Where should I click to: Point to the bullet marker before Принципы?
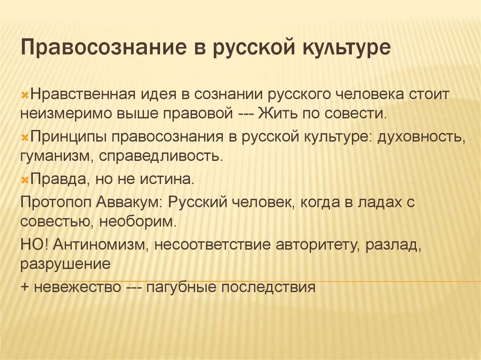click(25, 137)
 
